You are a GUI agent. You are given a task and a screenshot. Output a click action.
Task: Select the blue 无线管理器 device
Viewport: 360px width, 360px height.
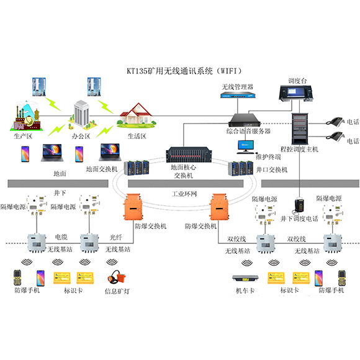pyautogui.click(x=238, y=95)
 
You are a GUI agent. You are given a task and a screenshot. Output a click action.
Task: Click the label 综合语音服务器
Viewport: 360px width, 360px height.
pyautogui.click(x=248, y=131)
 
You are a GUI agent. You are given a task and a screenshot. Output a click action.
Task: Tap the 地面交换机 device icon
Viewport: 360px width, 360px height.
pyautogui.click(x=134, y=166)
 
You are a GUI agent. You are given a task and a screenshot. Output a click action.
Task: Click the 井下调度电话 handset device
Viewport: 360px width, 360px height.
pyautogui.click(x=299, y=204)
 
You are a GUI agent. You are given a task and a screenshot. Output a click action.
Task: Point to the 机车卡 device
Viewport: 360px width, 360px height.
pyautogui.click(x=244, y=277)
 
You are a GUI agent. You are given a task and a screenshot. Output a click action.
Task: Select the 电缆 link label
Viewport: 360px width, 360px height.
pyautogui.click(x=61, y=238)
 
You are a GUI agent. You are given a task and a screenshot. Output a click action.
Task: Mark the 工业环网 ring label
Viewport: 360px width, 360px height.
pyautogui.click(x=184, y=194)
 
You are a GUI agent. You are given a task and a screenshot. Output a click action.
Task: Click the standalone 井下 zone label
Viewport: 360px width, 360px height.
pyautogui.click(x=61, y=194)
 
